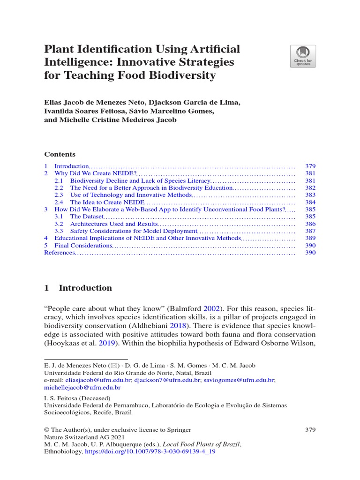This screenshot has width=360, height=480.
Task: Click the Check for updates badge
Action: coord(303,56)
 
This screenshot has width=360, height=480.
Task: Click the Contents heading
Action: coord(60,154)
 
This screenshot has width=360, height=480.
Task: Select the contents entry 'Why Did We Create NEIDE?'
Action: coord(96,173)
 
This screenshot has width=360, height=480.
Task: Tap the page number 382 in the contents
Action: coord(310,187)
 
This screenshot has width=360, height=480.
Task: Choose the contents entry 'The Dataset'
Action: coord(86,217)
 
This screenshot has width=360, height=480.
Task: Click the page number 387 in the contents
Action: coord(310,231)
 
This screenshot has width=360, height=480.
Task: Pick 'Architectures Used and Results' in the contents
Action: coord(112,224)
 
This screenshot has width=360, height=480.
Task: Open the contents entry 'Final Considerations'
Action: coord(83,246)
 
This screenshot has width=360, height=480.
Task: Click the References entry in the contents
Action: coord(60,253)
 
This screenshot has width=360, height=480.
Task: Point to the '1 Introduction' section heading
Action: coord(78,288)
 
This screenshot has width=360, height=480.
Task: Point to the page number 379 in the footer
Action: coord(310,430)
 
